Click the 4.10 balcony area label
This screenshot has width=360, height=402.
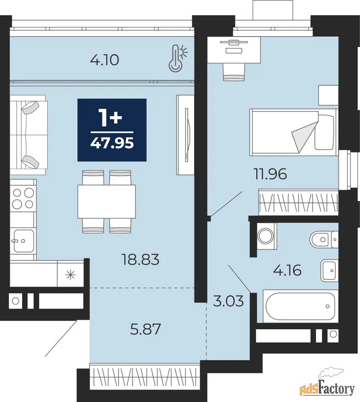point(105,60)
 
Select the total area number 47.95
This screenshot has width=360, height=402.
point(112,143)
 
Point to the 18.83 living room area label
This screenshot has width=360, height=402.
point(140,260)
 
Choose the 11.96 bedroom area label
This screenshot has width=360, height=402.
point(270,174)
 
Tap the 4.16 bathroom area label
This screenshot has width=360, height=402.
point(287,271)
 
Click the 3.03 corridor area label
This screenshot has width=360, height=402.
point(228,301)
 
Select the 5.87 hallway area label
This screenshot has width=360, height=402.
point(145,329)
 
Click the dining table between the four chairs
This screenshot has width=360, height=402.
point(106,201)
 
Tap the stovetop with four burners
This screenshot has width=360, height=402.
point(23,198)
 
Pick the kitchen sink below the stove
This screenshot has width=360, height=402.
point(24,241)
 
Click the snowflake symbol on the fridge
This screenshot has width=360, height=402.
point(70,275)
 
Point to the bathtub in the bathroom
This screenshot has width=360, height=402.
point(300,306)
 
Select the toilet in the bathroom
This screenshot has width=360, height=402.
point(324,240)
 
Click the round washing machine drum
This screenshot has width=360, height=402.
point(266,236)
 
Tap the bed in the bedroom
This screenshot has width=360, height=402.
point(294,132)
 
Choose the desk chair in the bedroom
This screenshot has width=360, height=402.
point(234,72)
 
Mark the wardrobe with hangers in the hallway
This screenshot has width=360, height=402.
point(145,378)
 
